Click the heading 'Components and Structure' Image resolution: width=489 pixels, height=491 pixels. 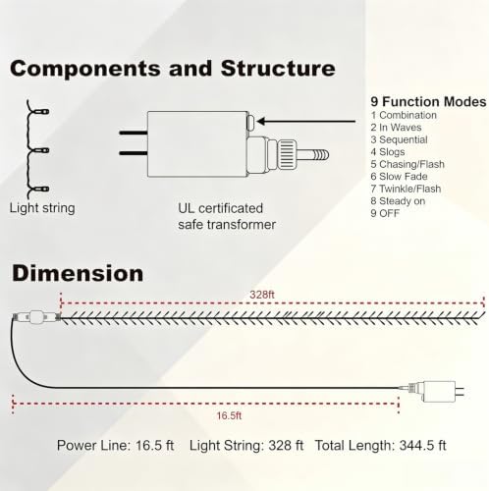tap(173, 69)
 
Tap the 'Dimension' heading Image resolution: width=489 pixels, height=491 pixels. tap(78, 273)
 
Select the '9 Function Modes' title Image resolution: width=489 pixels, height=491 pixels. tap(428, 102)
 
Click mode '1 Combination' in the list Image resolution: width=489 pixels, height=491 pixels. tap(404, 115)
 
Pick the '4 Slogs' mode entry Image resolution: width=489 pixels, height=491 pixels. tap(388, 152)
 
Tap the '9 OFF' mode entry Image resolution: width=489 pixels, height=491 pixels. tap(385, 213)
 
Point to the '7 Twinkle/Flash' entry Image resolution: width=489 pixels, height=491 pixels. tap(406, 189)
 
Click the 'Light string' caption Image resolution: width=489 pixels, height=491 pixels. tap(42, 208)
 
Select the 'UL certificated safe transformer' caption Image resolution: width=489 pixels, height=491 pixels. tap(227, 216)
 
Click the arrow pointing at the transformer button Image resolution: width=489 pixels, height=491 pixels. tap(306, 122)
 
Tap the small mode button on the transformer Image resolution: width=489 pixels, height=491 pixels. tap(251, 123)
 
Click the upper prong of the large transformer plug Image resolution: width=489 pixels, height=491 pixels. tap(134, 133)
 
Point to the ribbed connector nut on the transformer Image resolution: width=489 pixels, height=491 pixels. tap(287, 154)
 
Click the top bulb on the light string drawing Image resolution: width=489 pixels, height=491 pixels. tap(42, 112)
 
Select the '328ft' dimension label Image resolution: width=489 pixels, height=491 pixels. tap(262, 295)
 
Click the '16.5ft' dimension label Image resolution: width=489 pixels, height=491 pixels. tap(229, 415)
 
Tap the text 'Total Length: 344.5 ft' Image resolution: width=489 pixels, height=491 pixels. tap(380, 446)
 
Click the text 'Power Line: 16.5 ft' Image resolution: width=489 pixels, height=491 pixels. tap(115, 446)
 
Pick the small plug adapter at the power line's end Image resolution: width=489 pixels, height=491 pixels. tap(436, 391)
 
